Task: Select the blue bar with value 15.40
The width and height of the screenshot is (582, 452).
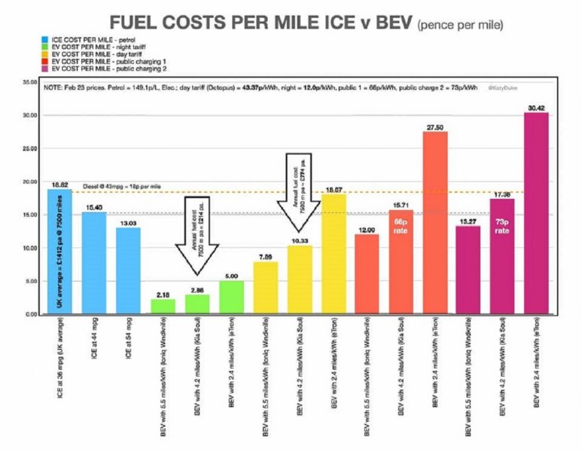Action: [94, 263]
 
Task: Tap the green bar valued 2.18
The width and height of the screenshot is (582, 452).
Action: [163, 306]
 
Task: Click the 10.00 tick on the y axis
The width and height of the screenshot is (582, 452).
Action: [30, 248]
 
